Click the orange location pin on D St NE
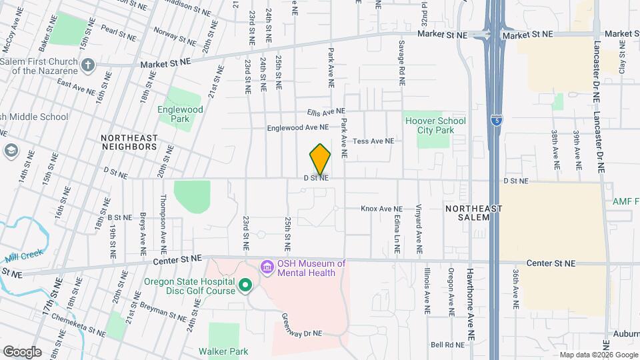point(320,159)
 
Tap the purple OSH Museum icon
point(267,267)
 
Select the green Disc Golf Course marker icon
point(245,286)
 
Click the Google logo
point(22,351)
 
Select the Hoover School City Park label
point(435,125)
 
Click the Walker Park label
point(223,351)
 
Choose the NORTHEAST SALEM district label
point(474,213)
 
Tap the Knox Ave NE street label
point(382,209)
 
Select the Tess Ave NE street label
point(373,141)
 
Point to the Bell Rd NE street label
point(447,345)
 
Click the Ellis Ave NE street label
point(327,111)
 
